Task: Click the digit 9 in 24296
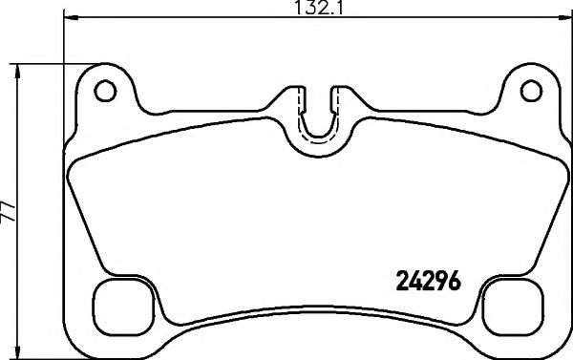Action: click(x=442, y=283)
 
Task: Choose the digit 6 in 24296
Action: click(x=456, y=283)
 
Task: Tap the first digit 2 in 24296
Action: click(x=402, y=283)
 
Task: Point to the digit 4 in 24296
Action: click(x=415, y=283)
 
